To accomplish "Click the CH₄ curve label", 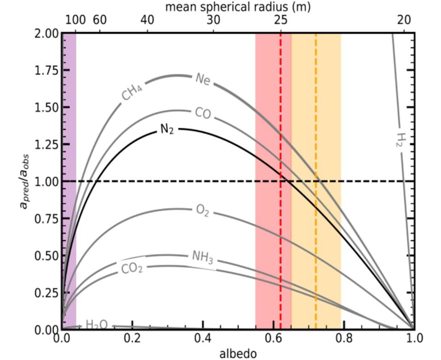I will click(132, 92).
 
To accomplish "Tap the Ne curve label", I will click(203, 79).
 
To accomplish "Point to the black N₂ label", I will click(167, 129).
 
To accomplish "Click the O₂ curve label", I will click(203, 211).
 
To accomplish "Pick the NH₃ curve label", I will click(203, 257).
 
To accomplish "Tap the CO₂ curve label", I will click(132, 268).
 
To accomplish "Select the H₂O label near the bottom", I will click(96, 325).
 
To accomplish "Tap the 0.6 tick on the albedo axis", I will click(273, 338).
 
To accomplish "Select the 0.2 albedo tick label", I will click(132, 338).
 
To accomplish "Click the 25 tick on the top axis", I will click(281, 20).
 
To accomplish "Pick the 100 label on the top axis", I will click(75, 20).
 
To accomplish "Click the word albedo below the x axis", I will click(237, 353).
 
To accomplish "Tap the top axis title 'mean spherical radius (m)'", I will click(237, 6).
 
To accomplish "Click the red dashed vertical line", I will click(281, 253).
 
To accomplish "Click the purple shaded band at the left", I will click(69, 138).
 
